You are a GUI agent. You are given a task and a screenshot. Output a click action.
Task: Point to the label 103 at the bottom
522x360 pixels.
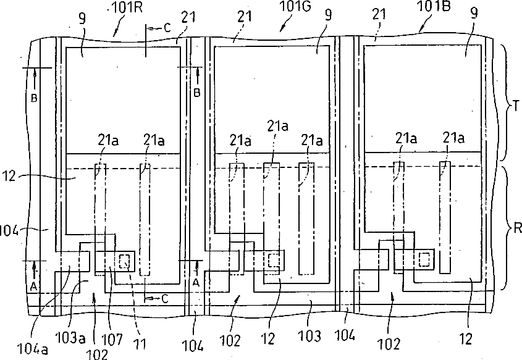(309, 337)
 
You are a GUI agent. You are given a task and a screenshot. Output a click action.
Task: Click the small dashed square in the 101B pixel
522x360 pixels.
(424, 259)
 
